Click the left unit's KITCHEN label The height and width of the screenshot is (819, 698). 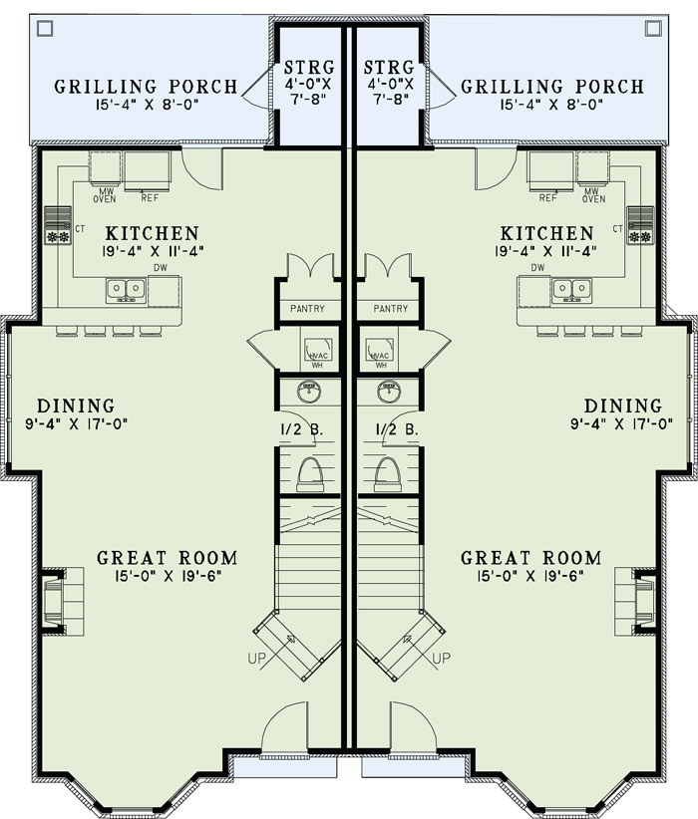[x=153, y=233]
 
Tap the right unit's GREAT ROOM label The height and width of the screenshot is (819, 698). [x=530, y=558]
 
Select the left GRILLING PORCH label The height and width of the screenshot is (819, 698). [x=146, y=86]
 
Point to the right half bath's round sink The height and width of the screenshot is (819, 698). [x=388, y=392]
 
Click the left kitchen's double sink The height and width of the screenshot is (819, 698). [x=126, y=291]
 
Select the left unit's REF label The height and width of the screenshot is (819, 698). [x=150, y=198]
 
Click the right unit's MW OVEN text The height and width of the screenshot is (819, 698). [x=593, y=195]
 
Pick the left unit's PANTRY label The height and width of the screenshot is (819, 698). [x=307, y=309]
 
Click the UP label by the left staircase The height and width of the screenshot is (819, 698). [x=256, y=659]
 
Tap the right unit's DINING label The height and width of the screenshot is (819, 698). [x=622, y=406]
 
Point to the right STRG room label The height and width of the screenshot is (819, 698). [x=389, y=68]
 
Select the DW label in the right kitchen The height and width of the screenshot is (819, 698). [x=538, y=267]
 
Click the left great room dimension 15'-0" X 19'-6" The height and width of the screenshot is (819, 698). [x=168, y=576]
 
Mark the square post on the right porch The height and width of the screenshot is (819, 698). [x=653, y=28]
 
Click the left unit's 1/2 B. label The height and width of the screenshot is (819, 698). [x=302, y=429]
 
